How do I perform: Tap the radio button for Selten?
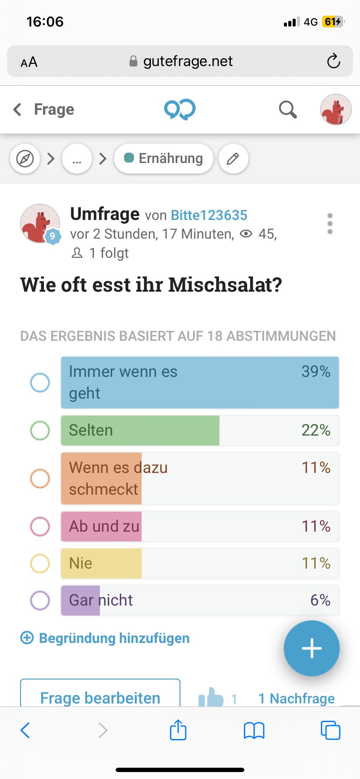click(x=40, y=431)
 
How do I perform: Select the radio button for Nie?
click(x=40, y=563)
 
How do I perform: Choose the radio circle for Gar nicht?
click(x=40, y=600)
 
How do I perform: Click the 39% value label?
click(x=316, y=372)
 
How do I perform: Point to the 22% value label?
click(x=316, y=430)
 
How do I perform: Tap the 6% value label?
click(x=320, y=600)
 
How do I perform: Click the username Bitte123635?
click(x=209, y=215)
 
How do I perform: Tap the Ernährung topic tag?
click(x=164, y=159)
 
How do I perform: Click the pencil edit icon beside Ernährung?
click(x=233, y=159)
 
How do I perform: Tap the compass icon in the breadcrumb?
click(x=25, y=159)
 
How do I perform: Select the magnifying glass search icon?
click(x=287, y=110)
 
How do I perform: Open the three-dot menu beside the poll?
click(x=330, y=224)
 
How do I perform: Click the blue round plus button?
click(x=311, y=648)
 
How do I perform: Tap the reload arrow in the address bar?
click(x=333, y=61)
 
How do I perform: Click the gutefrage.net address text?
click(x=188, y=61)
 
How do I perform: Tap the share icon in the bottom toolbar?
click(x=178, y=730)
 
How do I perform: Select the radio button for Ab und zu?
click(x=40, y=526)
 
